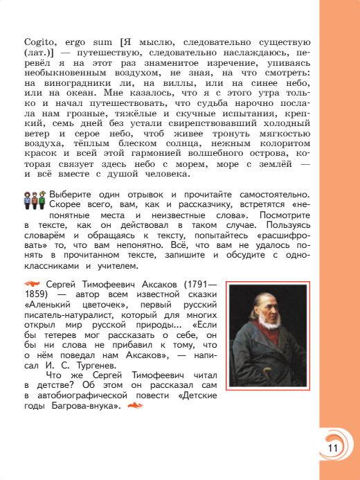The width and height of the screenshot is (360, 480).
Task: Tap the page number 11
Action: pyautogui.click(x=333, y=448)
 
